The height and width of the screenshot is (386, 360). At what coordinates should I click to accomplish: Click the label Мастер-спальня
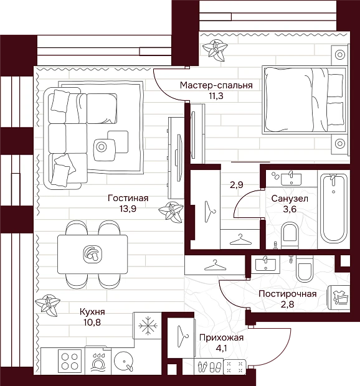[216, 85]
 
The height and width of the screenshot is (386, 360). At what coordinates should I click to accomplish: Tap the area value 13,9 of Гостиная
[128, 209]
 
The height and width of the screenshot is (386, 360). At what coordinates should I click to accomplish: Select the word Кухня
[92, 312]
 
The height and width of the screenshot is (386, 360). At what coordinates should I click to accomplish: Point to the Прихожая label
[221, 337]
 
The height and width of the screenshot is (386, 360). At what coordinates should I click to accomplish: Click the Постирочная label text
[288, 294]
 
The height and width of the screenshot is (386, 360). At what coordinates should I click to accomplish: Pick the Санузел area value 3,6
[290, 209]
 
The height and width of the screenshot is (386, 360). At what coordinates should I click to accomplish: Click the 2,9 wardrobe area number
[237, 185]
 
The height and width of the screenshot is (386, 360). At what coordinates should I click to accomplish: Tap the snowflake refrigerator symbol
[148, 326]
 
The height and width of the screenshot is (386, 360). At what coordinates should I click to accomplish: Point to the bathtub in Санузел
[334, 209]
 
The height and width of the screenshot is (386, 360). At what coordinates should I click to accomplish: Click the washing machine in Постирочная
[340, 298]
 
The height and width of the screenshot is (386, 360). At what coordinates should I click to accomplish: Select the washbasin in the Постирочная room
[265, 264]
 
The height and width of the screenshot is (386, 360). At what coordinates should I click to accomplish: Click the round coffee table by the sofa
[101, 147]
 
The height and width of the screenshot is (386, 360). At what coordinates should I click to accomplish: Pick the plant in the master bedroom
[215, 50]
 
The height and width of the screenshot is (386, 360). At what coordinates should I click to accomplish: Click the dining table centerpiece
[92, 254]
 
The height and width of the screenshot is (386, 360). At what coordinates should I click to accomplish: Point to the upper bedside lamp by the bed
[340, 55]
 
